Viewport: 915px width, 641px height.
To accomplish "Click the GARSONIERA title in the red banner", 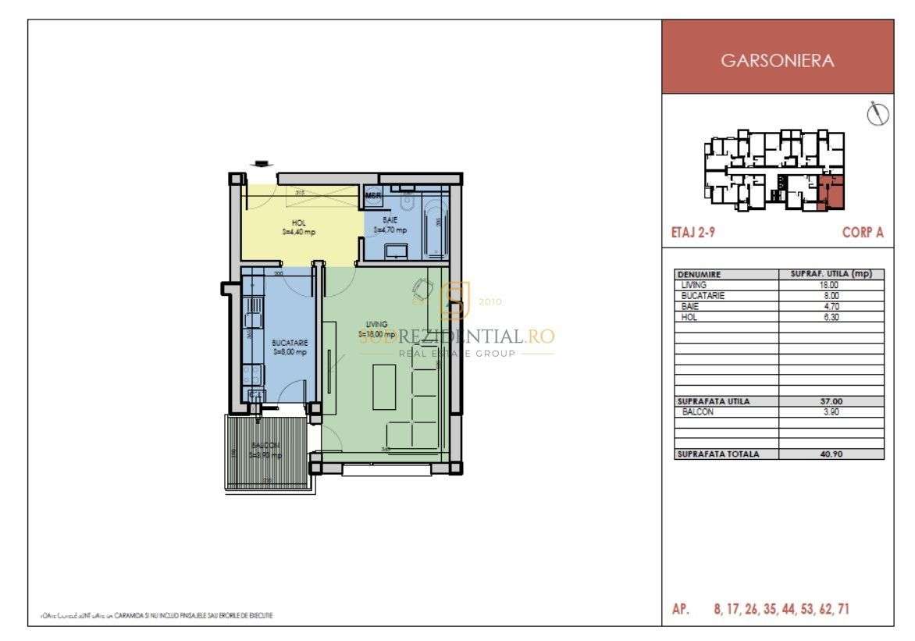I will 777,61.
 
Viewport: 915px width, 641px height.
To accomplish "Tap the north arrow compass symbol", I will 878,115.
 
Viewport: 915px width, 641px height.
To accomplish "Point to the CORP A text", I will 863,233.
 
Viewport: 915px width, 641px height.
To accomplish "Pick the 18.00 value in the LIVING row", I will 831,285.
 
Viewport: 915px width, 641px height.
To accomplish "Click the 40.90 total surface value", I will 831,454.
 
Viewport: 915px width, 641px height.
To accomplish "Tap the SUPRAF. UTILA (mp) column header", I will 831,274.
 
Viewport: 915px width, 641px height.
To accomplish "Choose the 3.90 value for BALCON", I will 831,411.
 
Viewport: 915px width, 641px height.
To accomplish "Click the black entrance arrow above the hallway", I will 260,163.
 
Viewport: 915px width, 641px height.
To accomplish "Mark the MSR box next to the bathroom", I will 373,196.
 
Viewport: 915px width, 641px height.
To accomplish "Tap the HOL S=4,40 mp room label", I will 299,227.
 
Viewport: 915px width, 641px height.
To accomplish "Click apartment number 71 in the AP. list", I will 842,610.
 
